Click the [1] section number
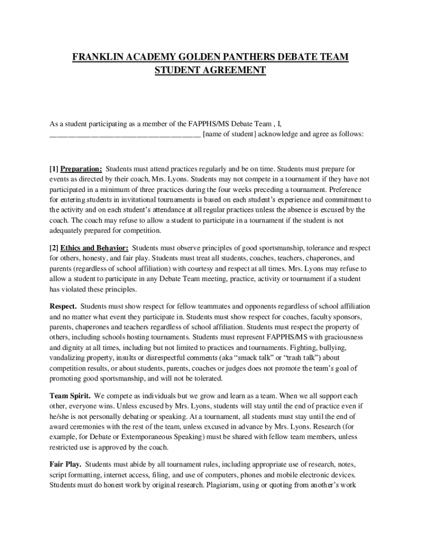pos(54,168)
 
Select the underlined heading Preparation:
pos(81,168)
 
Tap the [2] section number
pos(54,249)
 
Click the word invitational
pos(129,200)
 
